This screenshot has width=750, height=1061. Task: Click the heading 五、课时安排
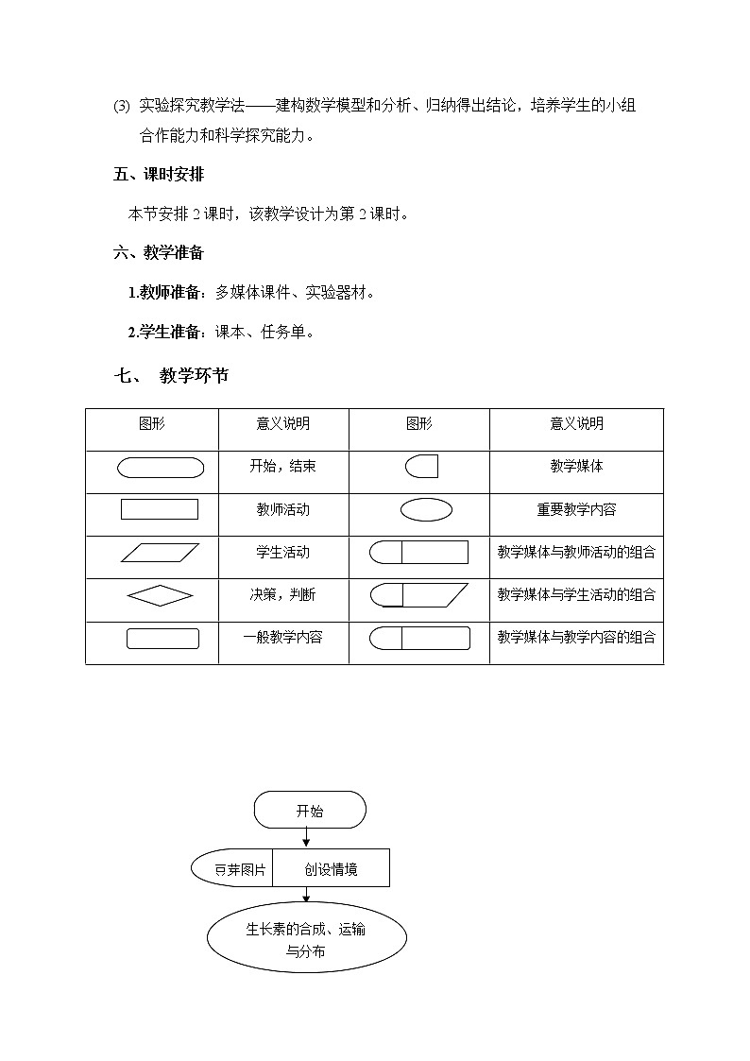(x=159, y=175)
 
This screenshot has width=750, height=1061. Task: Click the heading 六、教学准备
(x=159, y=252)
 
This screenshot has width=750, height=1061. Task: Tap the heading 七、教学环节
(x=171, y=376)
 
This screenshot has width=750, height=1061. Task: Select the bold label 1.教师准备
(x=166, y=293)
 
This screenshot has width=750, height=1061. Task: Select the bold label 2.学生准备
(x=166, y=332)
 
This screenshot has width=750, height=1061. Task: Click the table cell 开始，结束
(x=283, y=466)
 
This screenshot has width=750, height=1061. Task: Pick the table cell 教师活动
(x=283, y=509)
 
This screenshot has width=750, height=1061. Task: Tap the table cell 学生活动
(x=283, y=552)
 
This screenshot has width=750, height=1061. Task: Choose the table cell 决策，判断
(x=283, y=594)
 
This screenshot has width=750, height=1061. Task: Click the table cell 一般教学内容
(x=283, y=637)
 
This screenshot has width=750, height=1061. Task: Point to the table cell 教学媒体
(x=576, y=466)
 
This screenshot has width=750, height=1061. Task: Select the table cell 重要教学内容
(x=576, y=509)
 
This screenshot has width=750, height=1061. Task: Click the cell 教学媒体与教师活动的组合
(x=576, y=552)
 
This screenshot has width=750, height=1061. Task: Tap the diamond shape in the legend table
(x=160, y=595)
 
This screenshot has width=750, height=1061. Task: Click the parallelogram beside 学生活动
(x=160, y=553)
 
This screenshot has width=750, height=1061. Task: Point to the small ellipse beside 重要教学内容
(x=426, y=509)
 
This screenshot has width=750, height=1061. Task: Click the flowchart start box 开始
(x=309, y=811)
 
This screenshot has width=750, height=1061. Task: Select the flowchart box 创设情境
(x=331, y=868)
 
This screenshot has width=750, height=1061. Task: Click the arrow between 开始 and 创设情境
(x=306, y=838)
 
